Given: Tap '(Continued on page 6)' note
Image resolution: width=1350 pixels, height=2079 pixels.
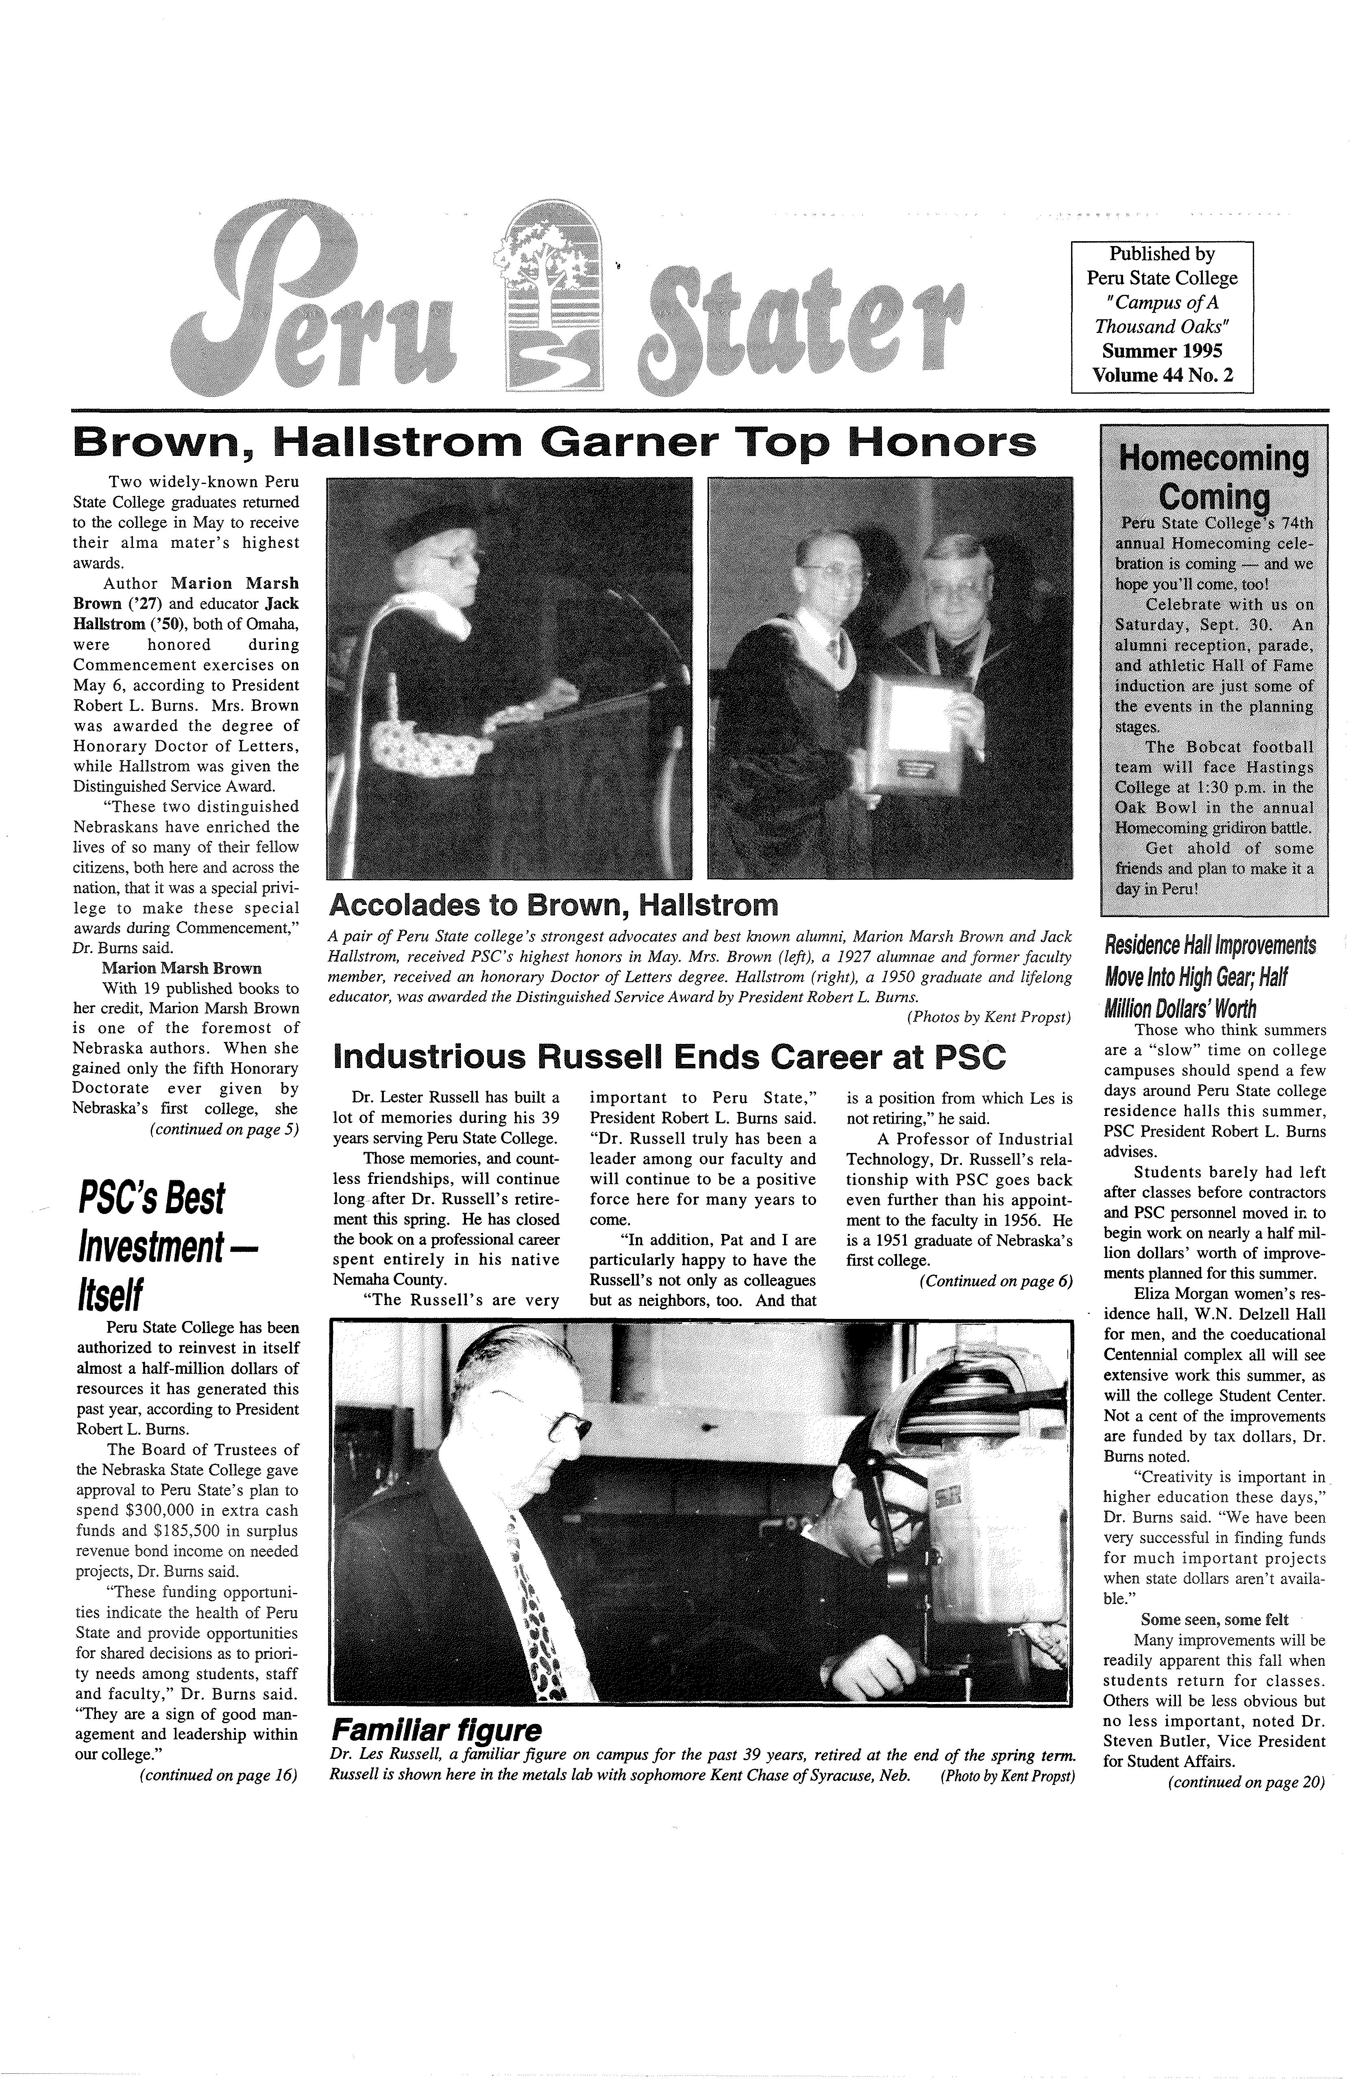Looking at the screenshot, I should (x=995, y=1281).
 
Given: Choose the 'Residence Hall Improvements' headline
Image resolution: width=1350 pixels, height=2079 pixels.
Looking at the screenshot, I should (x=1210, y=946).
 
